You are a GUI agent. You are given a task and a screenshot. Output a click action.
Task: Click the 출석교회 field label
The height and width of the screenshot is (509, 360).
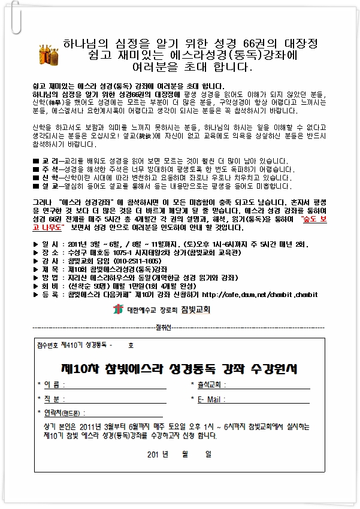pyautogui.click(x=209, y=384)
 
